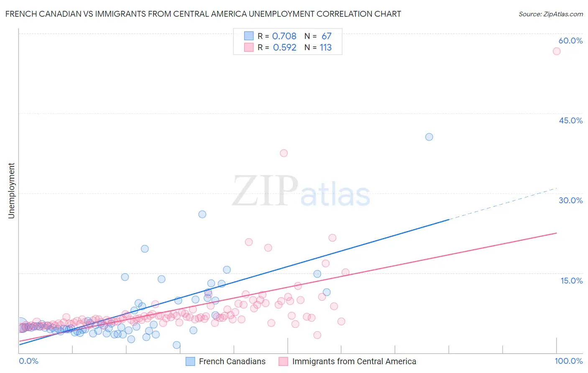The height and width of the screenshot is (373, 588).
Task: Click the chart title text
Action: point(203,14)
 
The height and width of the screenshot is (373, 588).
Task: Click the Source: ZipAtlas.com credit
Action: point(550,14)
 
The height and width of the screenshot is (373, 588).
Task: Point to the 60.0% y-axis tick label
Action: point(570,41)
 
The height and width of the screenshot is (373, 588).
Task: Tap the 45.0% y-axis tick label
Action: point(570,120)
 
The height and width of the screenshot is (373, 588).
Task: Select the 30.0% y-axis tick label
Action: point(570,200)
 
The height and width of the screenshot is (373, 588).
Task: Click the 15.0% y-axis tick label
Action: point(571,281)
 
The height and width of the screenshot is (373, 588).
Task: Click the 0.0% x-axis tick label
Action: point(28,361)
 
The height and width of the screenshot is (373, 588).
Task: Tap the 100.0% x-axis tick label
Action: point(568,361)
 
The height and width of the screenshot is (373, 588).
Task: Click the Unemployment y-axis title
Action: point(11,191)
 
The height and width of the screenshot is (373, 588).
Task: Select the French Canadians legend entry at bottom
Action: point(226,361)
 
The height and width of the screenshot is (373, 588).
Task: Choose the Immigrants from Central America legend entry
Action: point(348,361)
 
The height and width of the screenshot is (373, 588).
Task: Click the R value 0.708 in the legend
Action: point(284,36)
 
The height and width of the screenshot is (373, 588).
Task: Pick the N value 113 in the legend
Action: point(325,48)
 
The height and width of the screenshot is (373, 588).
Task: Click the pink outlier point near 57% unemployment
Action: point(556,51)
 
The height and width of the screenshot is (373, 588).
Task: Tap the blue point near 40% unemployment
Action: point(429,137)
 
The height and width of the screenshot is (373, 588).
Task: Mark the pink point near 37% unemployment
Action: point(284,153)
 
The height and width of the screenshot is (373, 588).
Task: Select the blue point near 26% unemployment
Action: point(202,214)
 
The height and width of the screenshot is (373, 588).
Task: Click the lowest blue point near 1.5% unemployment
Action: point(176,345)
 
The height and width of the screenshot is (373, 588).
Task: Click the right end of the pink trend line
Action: point(556,233)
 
